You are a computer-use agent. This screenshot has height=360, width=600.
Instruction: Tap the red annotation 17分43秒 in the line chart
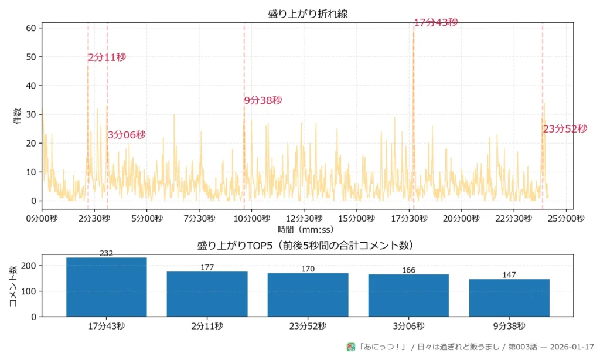(x=435, y=23)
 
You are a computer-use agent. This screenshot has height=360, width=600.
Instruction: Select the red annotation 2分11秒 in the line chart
(x=107, y=57)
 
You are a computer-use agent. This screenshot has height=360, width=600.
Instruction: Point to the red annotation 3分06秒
(x=127, y=135)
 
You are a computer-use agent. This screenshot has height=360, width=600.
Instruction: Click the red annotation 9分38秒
(x=263, y=100)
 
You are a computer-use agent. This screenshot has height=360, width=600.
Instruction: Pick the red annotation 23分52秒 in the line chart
(x=564, y=129)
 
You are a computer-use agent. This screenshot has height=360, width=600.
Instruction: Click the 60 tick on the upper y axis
(x=31, y=28)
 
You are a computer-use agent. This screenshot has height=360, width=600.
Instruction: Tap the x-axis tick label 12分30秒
(x=304, y=219)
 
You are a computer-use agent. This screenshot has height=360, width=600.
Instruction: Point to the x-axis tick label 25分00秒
(x=565, y=219)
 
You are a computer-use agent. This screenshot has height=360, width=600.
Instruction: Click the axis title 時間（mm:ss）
(x=305, y=230)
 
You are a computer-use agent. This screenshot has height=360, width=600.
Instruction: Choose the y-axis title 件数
(x=17, y=116)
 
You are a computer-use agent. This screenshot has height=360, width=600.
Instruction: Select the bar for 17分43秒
(x=107, y=287)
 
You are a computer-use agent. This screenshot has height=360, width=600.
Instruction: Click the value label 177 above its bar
(x=207, y=267)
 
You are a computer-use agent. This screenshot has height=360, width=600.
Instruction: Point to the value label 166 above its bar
(x=408, y=270)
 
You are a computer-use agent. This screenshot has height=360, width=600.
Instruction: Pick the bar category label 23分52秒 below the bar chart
(x=308, y=326)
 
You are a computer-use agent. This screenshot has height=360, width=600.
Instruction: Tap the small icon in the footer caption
(x=351, y=347)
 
